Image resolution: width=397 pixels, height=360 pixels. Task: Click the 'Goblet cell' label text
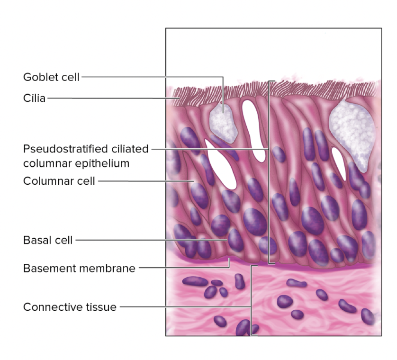52,77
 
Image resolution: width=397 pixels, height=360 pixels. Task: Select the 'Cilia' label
34,99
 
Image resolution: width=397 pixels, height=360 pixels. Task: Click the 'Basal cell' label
48,240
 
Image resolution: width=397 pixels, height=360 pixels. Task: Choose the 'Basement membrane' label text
79,269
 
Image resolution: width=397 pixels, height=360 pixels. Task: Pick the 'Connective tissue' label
70,307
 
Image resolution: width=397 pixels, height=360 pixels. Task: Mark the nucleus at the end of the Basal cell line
235,240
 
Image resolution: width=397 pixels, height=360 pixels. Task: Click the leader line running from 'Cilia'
109,99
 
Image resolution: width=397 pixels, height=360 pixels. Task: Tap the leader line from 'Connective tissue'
185,307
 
